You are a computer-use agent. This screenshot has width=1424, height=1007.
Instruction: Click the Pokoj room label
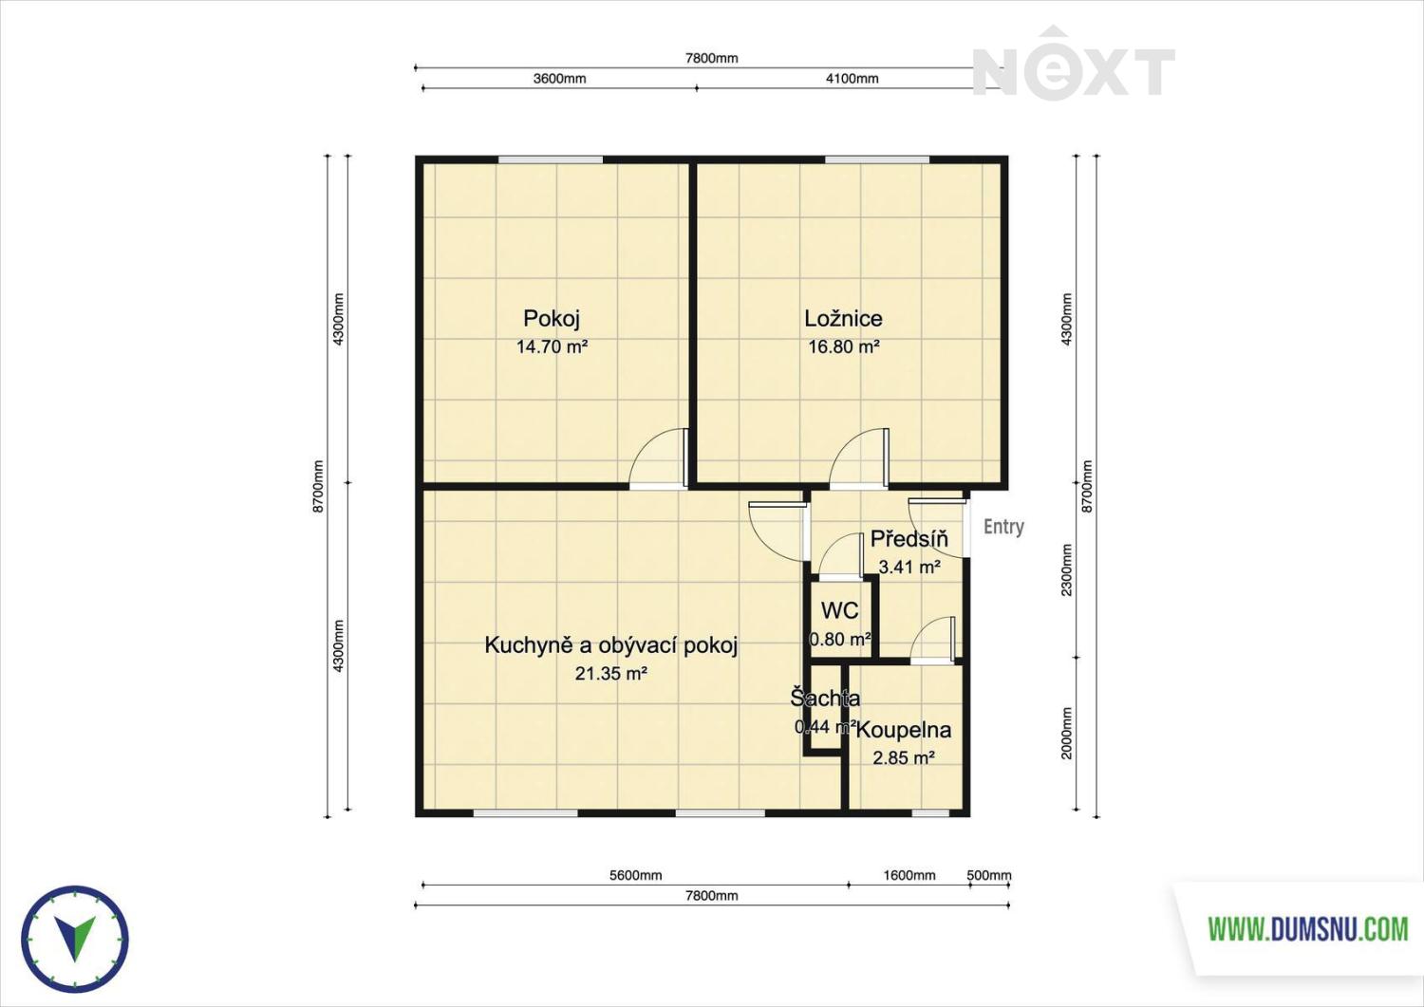click(x=552, y=319)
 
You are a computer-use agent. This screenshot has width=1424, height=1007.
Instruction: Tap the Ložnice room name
click(x=843, y=318)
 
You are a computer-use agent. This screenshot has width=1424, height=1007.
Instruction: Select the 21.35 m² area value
click(x=611, y=673)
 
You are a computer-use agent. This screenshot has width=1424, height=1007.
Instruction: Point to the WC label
click(x=840, y=610)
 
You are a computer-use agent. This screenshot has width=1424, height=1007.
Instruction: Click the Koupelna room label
click(x=904, y=731)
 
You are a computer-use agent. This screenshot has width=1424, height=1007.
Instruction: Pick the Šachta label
click(x=825, y=698)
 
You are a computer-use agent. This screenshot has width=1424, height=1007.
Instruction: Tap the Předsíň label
click(x=909, y=538)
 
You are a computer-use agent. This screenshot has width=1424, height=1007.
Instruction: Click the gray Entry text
click(x=1003, y=527)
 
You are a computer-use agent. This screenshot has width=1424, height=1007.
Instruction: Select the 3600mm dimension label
click(x=559, y=79)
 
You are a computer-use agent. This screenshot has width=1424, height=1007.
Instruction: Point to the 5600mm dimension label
click(x=636, y=875)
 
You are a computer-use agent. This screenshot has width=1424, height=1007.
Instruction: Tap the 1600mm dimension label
click(x=909, y=875)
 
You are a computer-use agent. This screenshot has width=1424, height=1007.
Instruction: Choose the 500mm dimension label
click(x=989, y=875)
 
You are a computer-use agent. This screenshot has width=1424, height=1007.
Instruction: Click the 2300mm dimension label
click(x=1067, y=569)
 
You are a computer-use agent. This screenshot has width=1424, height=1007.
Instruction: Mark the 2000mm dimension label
click(x=1067, y=733)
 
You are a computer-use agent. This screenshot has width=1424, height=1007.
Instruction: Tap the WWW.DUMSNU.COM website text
click(x=1308, y=929)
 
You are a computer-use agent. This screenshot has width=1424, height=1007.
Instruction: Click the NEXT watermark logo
click(x=1073, y=62)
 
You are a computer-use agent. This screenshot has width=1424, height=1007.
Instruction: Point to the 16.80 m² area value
click(x=844, y=346)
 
